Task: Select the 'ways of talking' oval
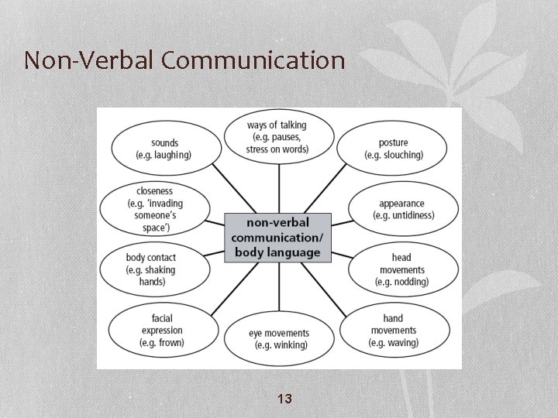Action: coord(277,137)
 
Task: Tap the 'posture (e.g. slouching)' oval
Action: coord(394,149)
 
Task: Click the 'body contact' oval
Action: coord(153,269)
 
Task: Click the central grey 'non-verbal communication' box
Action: coord(277,237)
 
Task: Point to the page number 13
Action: coord(284,399)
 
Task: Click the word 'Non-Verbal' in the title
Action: coord(88,60)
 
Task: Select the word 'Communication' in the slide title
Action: coord(253,60)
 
